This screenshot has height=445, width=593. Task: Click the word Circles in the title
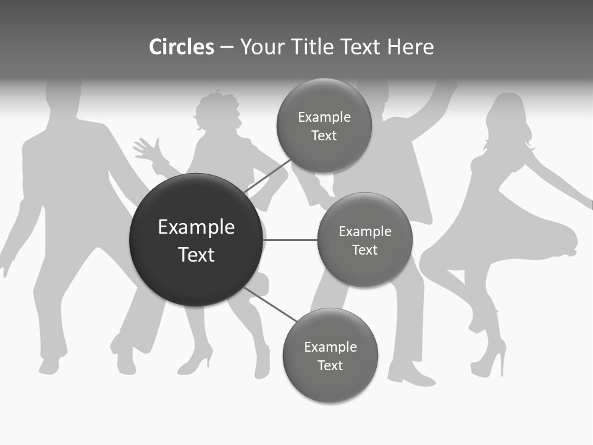coord(181,47)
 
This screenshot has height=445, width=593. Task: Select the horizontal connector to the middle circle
coord(290,240)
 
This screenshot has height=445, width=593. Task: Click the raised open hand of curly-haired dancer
coord(146,150)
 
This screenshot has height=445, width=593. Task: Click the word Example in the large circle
coord(196,227)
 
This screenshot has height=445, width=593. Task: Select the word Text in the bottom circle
coord(330,365)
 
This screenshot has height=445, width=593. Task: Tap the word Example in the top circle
coord(324,117)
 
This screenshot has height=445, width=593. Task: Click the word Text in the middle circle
coord(364,250)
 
